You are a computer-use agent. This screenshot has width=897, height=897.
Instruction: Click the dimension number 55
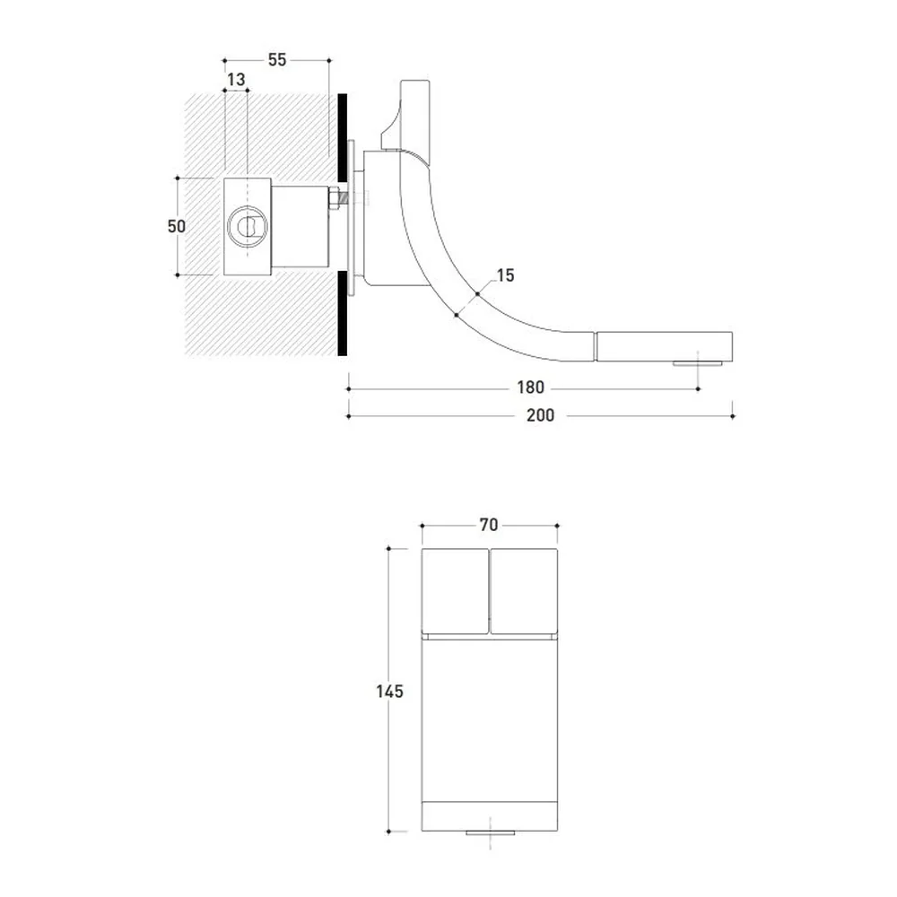point(277,59)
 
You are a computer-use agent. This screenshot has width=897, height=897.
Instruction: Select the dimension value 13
point(236,80)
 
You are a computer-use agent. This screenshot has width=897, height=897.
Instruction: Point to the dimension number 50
point(176,227)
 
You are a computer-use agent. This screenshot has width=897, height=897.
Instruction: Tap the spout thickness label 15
point(505,275)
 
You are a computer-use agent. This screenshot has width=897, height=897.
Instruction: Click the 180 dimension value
point(530,388)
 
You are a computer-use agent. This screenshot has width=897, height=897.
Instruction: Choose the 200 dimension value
point(540,415)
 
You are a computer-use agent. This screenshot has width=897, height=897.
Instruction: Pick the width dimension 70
point(489,525)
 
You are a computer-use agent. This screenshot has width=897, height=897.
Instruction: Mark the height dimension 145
point(389,692)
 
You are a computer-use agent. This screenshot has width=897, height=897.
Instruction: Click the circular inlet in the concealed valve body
point(248,225)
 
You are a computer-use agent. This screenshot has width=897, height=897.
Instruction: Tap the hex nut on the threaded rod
point(333,199)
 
